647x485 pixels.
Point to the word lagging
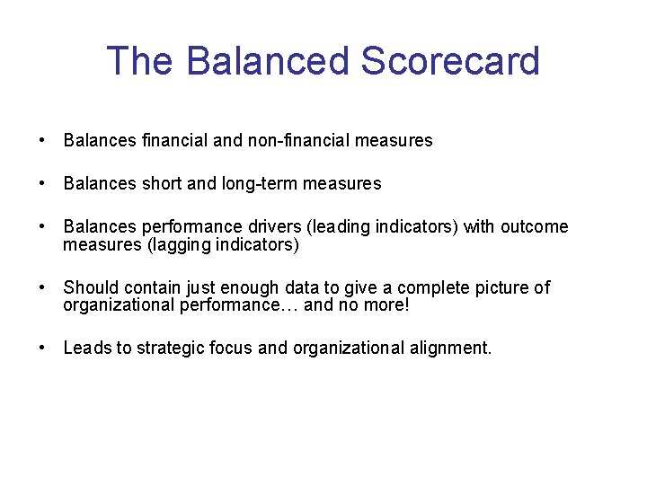[x=179, y=244]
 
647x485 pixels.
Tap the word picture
[x=500, y=287]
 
